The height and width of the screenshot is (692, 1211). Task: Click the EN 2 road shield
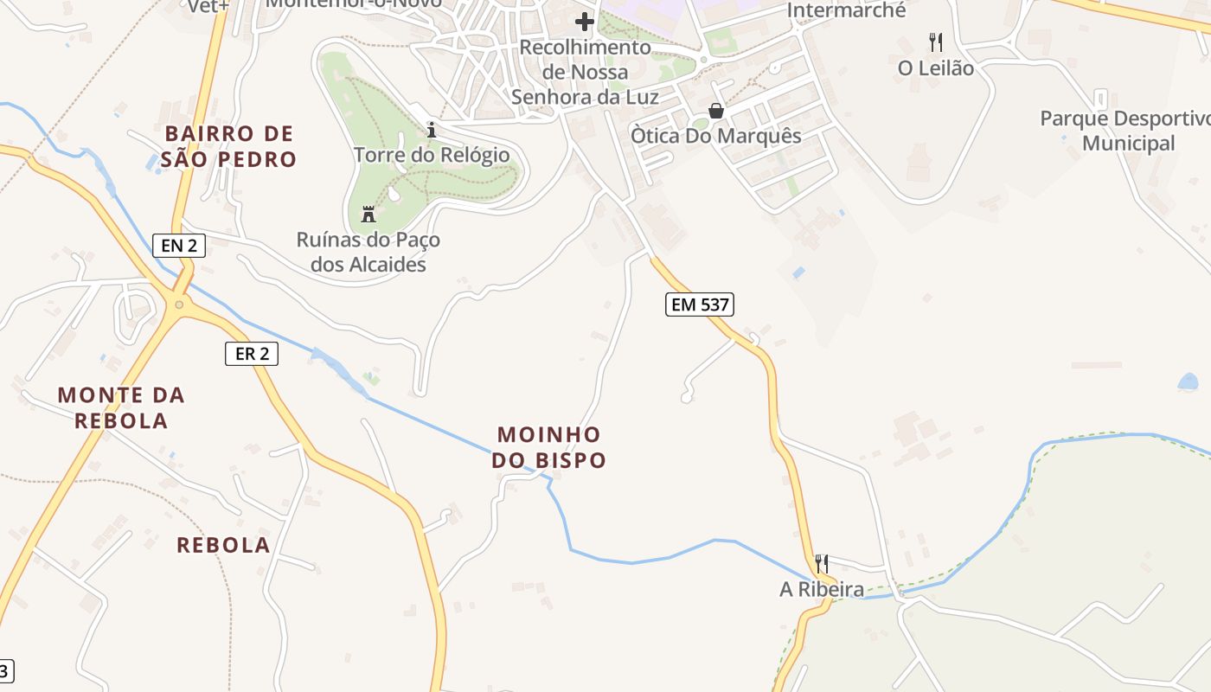pyautogui.click(x=179, y=246)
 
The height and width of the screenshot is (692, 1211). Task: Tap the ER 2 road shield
pyautogui.click(x=252, y=353)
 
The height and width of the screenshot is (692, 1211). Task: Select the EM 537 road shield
pyautogui.click(x=700, y=304)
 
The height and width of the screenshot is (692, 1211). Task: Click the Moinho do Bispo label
pyautogui.click(x=549, y=447)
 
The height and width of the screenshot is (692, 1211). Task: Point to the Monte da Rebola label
pyautogui.click(x=121, y=407)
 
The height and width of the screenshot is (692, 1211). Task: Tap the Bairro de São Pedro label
pyautogui.click(x=229, y=146)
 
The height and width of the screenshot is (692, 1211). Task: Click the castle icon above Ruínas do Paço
pyautogui.click(x=368, y=214)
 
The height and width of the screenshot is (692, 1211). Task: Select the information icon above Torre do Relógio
pyautogui.click(x=432, y=130)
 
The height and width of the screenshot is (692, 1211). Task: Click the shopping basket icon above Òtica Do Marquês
pyautogui.click(x=716, y=111)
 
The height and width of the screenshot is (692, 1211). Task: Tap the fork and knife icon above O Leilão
pyautogui.click(x=935, y=42)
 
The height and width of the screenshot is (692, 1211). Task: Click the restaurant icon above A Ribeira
pyautogui.click(x=822, y=564)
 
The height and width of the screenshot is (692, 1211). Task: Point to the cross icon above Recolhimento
pyautogui.click(x=585, y=21)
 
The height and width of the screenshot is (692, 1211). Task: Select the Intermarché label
pyautogui.click(x=847, y=11)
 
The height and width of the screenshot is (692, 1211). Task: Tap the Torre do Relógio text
pyautogui.click(x=432, y=155)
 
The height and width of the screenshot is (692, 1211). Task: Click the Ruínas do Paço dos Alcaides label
pyautogui.click(x=368, y=252)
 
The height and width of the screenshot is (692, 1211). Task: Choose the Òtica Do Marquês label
pyautogui.click(x=716, y=136)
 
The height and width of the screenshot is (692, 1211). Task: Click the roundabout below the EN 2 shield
pyautogui.click(x=179, y=304)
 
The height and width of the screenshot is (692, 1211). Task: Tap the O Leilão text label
pyautogui.click(x=936, y=68)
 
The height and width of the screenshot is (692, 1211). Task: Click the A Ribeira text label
pyautogui.click(x=822, y=590)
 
